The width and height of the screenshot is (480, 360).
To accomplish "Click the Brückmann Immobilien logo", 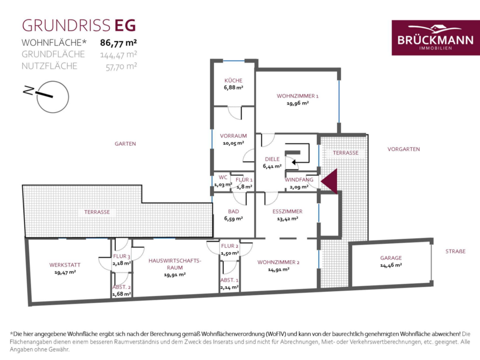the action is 435,38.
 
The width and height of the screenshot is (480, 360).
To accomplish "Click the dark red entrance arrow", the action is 330,181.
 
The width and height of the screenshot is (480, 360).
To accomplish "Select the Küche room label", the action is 233,81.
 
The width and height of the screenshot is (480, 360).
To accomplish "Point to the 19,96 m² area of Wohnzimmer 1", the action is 298,103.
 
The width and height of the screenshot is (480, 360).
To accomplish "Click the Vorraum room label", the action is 233,135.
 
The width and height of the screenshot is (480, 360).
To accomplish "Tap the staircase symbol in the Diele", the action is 297,156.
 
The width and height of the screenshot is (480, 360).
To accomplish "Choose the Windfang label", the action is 299,180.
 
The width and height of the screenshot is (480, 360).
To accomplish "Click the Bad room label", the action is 233,211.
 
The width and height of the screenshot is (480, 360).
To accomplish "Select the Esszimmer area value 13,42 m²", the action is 287,219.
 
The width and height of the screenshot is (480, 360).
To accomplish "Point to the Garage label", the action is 391,258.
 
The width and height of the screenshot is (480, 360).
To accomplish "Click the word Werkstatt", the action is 65,265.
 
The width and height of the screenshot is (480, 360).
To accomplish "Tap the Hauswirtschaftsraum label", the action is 175,264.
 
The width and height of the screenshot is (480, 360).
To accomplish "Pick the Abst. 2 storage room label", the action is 122,287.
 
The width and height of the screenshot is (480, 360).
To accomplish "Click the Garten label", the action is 125,143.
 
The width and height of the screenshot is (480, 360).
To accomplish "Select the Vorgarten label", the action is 404,149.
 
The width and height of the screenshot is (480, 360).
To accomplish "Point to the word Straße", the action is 455,251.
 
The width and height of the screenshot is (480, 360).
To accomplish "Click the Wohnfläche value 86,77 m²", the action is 118,43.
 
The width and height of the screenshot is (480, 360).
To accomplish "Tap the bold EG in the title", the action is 125,26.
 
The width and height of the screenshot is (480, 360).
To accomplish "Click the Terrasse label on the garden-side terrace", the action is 97,212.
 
